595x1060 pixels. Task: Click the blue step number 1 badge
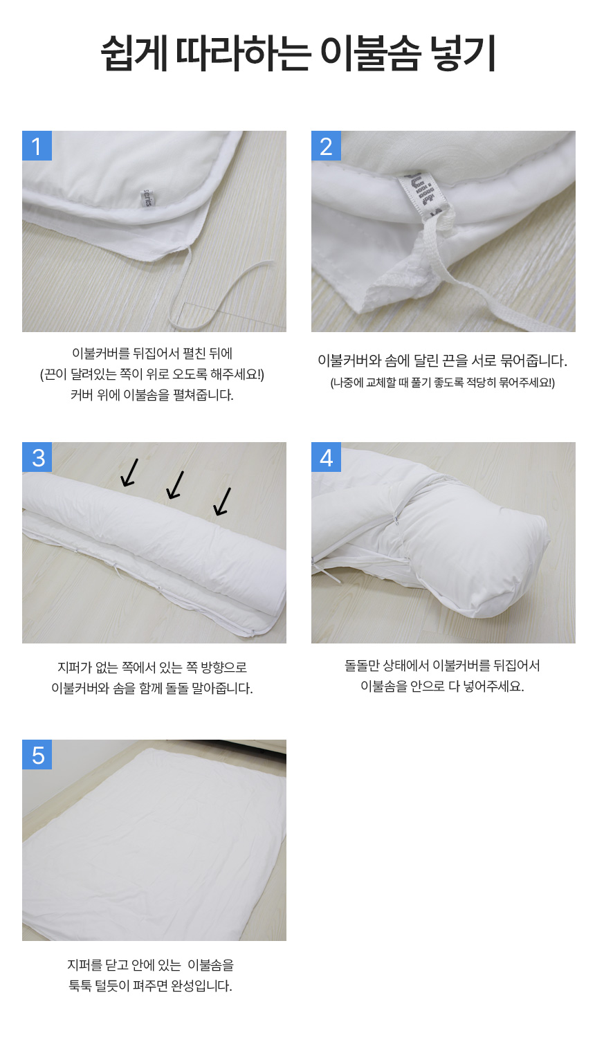coord(37,146)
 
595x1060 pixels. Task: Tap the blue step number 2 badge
coord(326,146)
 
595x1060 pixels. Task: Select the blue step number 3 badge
coord(37,457)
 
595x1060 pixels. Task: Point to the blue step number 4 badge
coord(326,457)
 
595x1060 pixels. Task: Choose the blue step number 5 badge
coord(37,754)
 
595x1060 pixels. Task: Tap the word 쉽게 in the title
coord(134,53)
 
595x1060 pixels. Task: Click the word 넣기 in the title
coord(462,53)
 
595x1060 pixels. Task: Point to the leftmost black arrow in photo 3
coord(129,473)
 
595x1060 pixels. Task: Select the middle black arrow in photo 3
coord(174,485)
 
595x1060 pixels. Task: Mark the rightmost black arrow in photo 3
coord(222,501)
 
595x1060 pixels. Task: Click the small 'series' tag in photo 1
coord(147,199)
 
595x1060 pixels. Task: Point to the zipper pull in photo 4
coord(395,518)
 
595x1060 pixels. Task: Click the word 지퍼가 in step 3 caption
coord(74,667)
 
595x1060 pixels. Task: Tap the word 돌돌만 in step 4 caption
coord(361,666)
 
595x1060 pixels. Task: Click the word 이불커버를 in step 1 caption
coord(100,353)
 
